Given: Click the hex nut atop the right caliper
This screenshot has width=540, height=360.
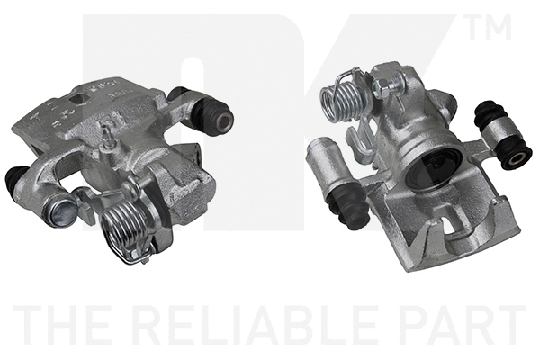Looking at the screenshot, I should click(x=380, y=87).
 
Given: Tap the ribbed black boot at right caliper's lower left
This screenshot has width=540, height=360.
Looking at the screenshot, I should click(x=349, y=207).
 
